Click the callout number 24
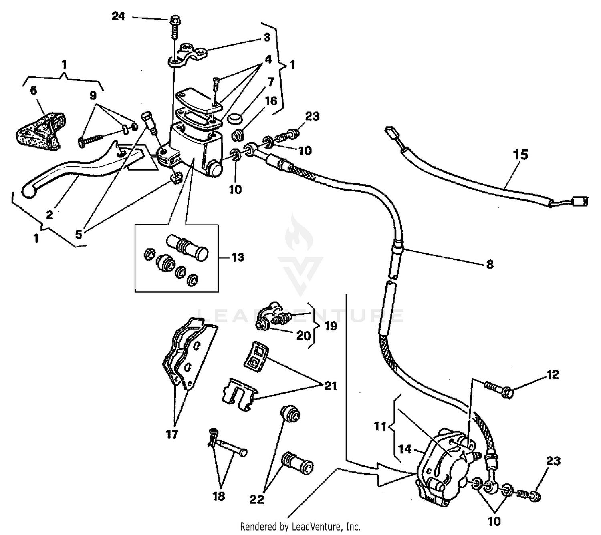[x=118, y=17]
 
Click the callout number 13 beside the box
[x=238, y=257]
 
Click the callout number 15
[x=520, y=155]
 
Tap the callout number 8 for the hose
[x=490, y=264]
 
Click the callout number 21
[x=331, y=386]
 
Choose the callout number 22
[x=256, y=499]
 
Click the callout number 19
[x=331, y=326]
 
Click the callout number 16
[x=271, y=101]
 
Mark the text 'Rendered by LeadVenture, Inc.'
[x=300, y=526]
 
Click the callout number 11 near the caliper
[x=380, y=427]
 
